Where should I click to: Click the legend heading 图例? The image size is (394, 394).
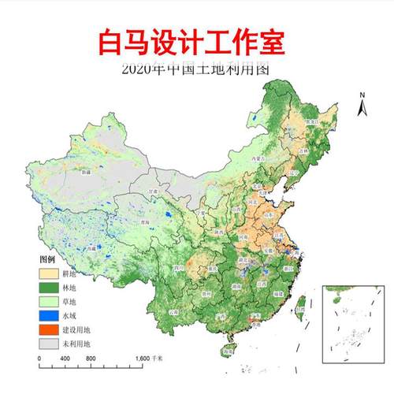coord(48,259)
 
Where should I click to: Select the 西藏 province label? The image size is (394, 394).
coord(93,247)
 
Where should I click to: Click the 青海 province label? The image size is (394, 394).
coord(145,222)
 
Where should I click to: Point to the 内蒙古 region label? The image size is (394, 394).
coord(254,158)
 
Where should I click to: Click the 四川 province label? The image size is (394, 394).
coord(180,268)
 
